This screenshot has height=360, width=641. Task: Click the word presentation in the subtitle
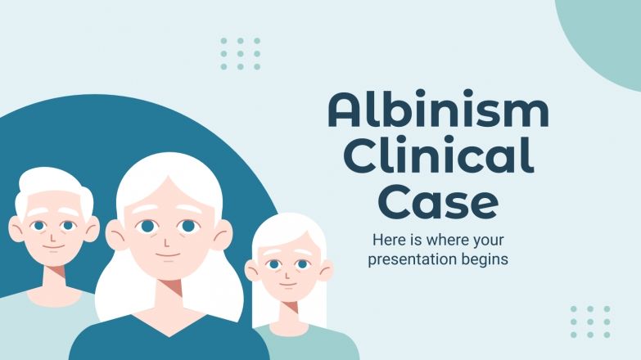pyautogui.click(x=409, y=260)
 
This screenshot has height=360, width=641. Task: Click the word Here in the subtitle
pyautogui.click(x=387, y=241)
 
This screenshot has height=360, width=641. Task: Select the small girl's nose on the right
pyautogui.click(x=287, y=275)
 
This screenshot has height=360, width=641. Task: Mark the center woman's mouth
pyautogui.click(x=167, y=256)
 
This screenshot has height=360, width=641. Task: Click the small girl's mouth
pyautogui.click(x=287, y=287)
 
